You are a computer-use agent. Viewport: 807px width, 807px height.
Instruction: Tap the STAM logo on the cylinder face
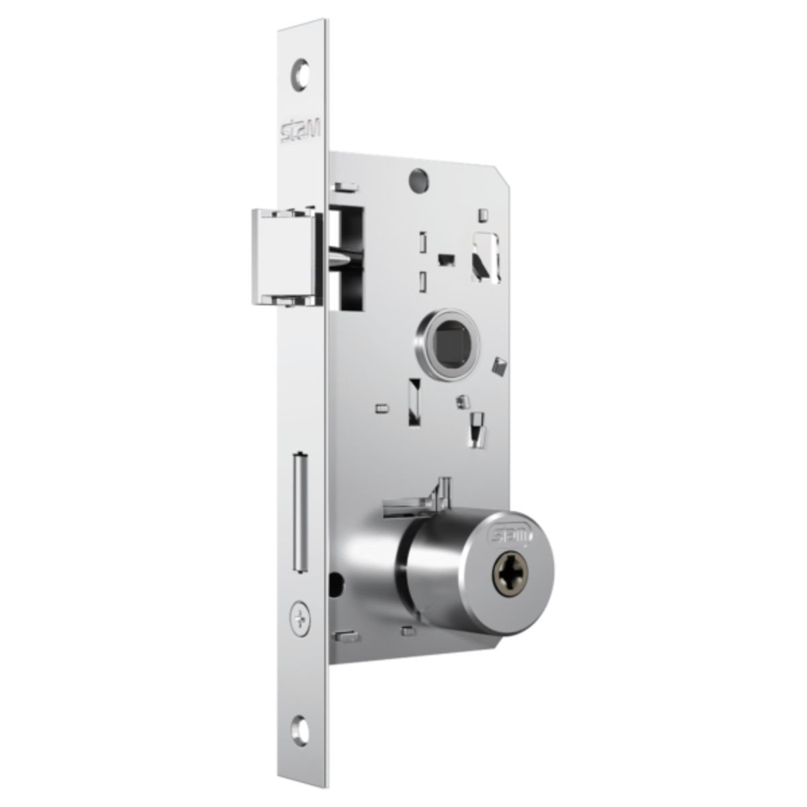coord(512,536)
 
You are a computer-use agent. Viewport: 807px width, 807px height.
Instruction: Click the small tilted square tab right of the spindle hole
coord(500,367)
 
